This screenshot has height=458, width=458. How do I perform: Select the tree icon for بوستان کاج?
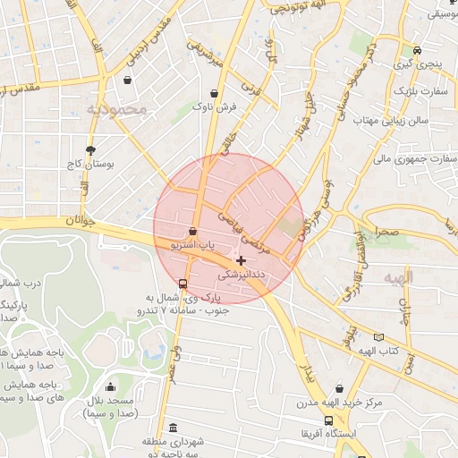click(89, 150)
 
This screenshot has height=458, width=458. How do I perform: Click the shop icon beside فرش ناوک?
click(214, 93)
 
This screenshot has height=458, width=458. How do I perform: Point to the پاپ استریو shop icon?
click(192, 231)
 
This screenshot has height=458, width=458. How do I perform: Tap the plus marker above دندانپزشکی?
click(241, 260)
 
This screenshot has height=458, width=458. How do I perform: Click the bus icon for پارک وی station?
click(183, 284)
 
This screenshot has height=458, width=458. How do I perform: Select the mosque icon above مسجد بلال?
click(110, 387)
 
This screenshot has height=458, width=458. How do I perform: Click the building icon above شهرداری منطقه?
click(172, 428)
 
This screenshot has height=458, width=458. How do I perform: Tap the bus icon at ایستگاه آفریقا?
click(329, 420)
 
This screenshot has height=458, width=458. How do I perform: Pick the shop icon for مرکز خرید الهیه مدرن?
click(339, 388)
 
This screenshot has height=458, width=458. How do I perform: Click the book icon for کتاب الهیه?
click(379, 337)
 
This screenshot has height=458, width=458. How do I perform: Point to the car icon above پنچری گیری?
click(417, 50)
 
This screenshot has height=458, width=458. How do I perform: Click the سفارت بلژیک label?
click(419, 92)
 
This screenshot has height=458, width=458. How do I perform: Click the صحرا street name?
click(386, 231)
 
